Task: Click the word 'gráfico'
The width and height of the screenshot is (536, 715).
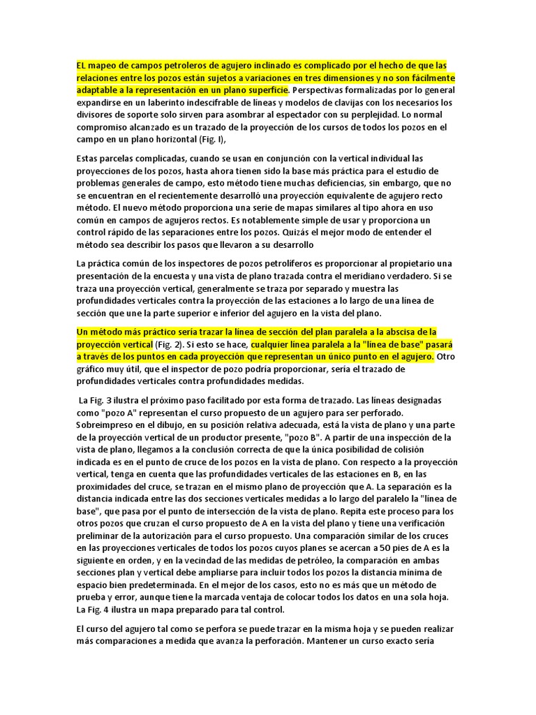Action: click(93, 369)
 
